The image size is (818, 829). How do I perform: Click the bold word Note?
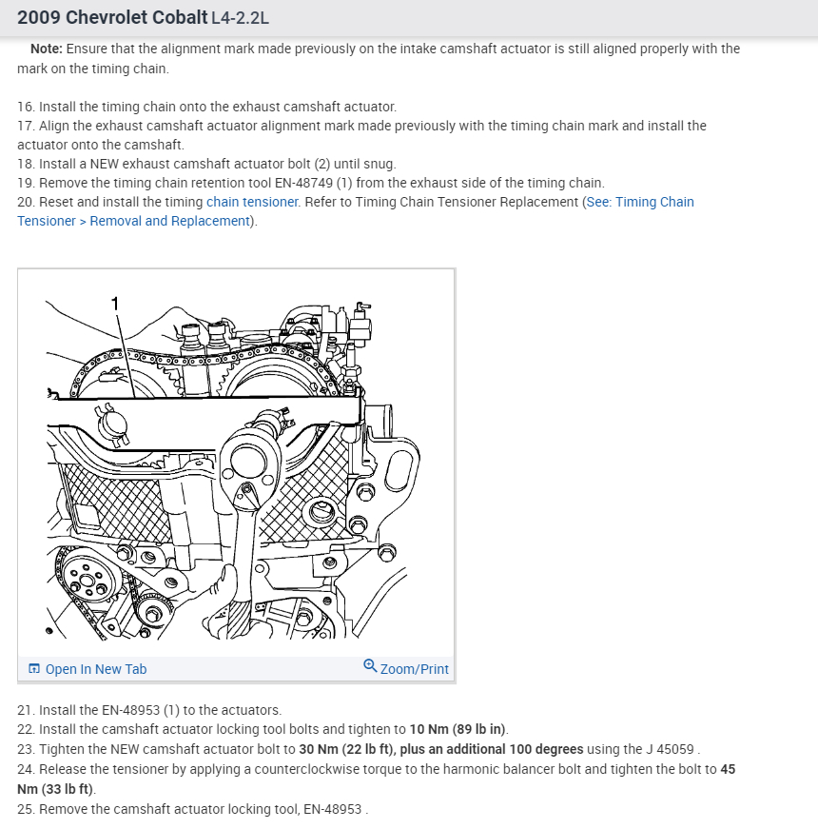pyautogui.click(x=47, y=49)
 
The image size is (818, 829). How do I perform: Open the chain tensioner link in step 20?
pyautogui.click(x=252, y=202)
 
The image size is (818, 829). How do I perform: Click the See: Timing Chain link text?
pyautogui.click(x=641, y=202)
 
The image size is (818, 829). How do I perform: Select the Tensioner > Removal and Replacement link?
pyautogui.click(x=133, y=221)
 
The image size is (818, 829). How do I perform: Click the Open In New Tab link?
pyautogui.click(x=95, y=669)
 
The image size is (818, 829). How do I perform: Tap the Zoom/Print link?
pyautogui.click(x=414, y=669)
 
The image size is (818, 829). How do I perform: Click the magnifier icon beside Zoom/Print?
pyautogui.click(x=370, y=666)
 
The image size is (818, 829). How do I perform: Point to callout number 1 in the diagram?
pyautogui.click(x=115, y=304)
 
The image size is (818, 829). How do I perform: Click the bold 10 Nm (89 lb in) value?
pyautogui.click(x=458, y=729)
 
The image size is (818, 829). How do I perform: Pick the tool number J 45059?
pyautogui.click(x=669, y=749)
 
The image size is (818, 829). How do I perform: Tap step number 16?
pyautogui.click(x=25, y=107)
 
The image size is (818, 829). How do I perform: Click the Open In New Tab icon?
pyautogui.click(x=34, y=669)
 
